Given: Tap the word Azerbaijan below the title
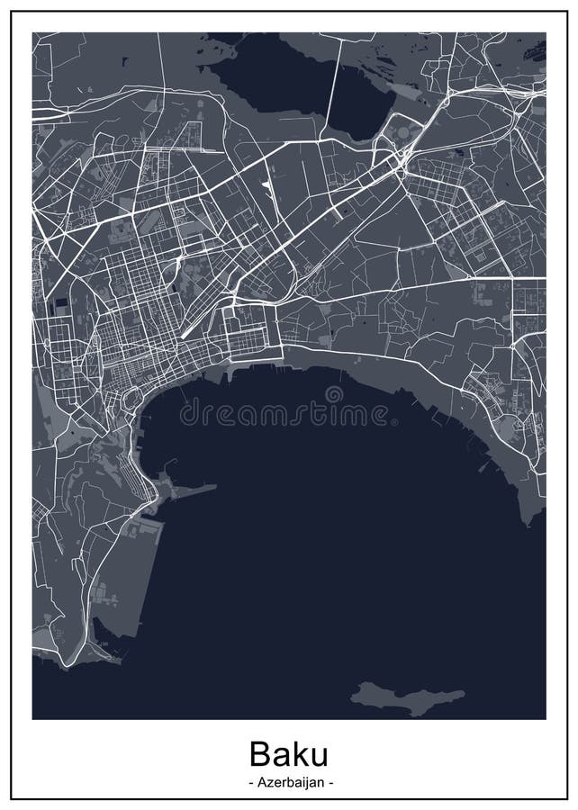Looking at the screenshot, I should (288, 783).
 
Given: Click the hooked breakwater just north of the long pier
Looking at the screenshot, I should (162, 473).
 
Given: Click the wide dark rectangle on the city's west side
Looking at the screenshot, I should (60, 303).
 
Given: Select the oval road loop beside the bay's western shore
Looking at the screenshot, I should (132, 400).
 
